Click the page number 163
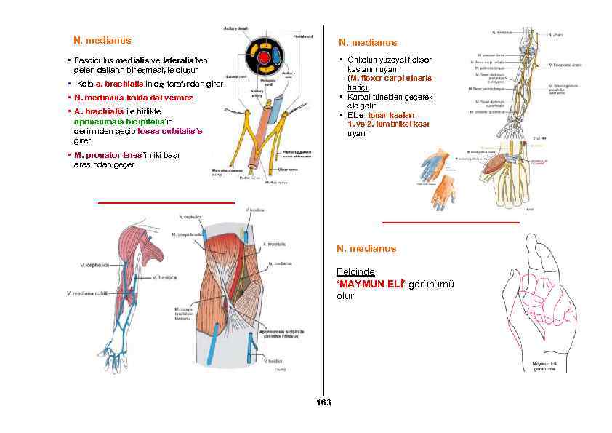pyautogui.click(x=324, y=402)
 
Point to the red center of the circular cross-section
pyautogui.click(x=265, y=57)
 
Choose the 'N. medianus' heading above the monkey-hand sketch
pyautogui.click(x=366, y=248)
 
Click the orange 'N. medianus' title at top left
pyautogui.click(x=102, y=40)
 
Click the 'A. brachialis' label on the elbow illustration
pyautogui.click(x=273, y=245)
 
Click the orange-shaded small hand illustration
pyautogui.click(x=444, y=191)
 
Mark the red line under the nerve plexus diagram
pyautogui.click(x=166, y=202)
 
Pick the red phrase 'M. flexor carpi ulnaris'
pyautogui.click(x=391, y=78)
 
